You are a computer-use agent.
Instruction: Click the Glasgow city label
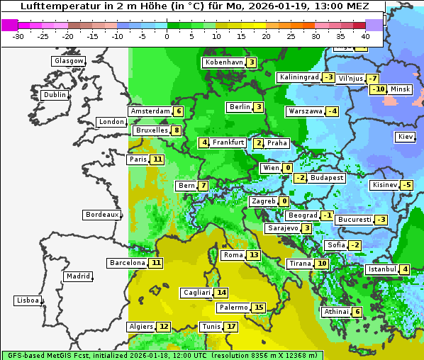click(x=69, y=61)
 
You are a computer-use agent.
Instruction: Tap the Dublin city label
click(x=55, y=95)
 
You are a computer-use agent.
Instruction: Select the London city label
click(x=111, y=122)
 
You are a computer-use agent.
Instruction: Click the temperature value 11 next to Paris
click(x=157, y=159)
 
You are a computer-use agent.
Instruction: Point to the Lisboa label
click(x=27, y=300)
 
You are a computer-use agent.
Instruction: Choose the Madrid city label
click(x=77, y=276)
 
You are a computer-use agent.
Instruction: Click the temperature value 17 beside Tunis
click(x=231, y=327)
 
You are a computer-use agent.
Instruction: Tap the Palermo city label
click(x=233, y=308)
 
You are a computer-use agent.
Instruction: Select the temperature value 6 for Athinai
click(x=357, y=312)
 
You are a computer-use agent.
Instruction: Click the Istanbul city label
click(x=381, y=269)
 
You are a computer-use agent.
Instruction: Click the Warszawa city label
click(x=305, y=111)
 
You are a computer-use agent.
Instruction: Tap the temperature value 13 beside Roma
click(x=254, y=255)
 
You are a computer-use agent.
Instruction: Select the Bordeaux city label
click(x=101, y=215)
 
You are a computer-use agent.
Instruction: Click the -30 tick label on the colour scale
click(x=18, y=36)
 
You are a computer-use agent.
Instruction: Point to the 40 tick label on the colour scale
click(x=365, y=36)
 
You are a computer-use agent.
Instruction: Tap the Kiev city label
click(x=406, y=137)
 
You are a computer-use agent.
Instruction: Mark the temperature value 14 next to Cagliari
click(x=222, y=293)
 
